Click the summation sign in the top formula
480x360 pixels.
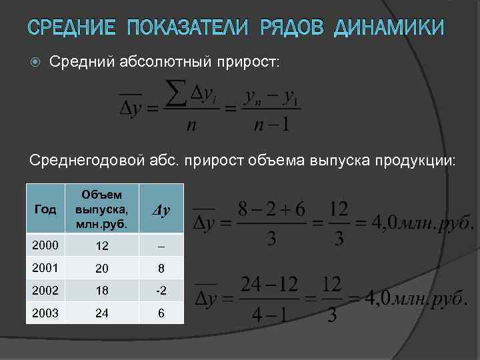tap(175, 94)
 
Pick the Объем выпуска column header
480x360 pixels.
tap(102, 207)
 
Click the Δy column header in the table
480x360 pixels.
tap(160, 209)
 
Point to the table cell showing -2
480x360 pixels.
tap(161, 290)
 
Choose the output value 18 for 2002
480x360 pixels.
tap(102, 290)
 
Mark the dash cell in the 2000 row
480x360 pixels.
tap(161, 245)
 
